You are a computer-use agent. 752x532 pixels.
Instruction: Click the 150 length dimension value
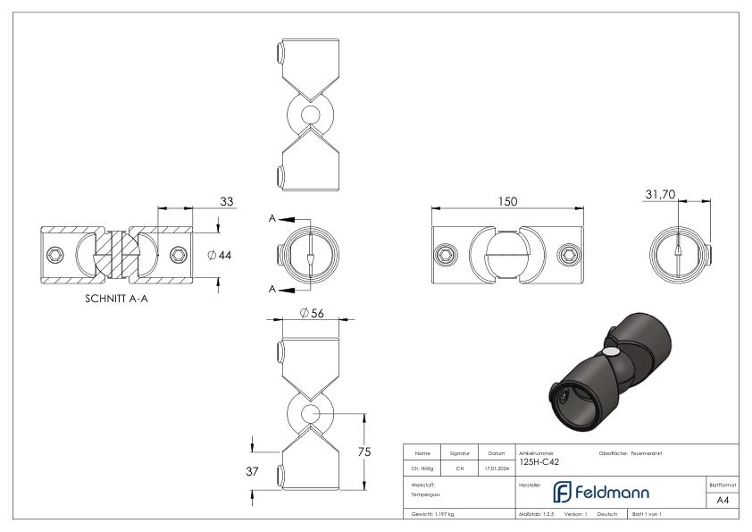coord(507,202)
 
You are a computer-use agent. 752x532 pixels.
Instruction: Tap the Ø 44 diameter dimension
coord(219,256)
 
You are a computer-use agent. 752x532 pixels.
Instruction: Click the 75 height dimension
coord(363,452)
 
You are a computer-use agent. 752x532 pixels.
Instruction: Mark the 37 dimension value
coord(253,472)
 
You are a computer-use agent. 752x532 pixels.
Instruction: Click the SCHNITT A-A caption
coord(116,300)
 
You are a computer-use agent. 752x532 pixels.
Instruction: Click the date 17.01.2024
coord(496,466)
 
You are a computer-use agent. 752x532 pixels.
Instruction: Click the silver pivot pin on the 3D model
coord(609,355)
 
